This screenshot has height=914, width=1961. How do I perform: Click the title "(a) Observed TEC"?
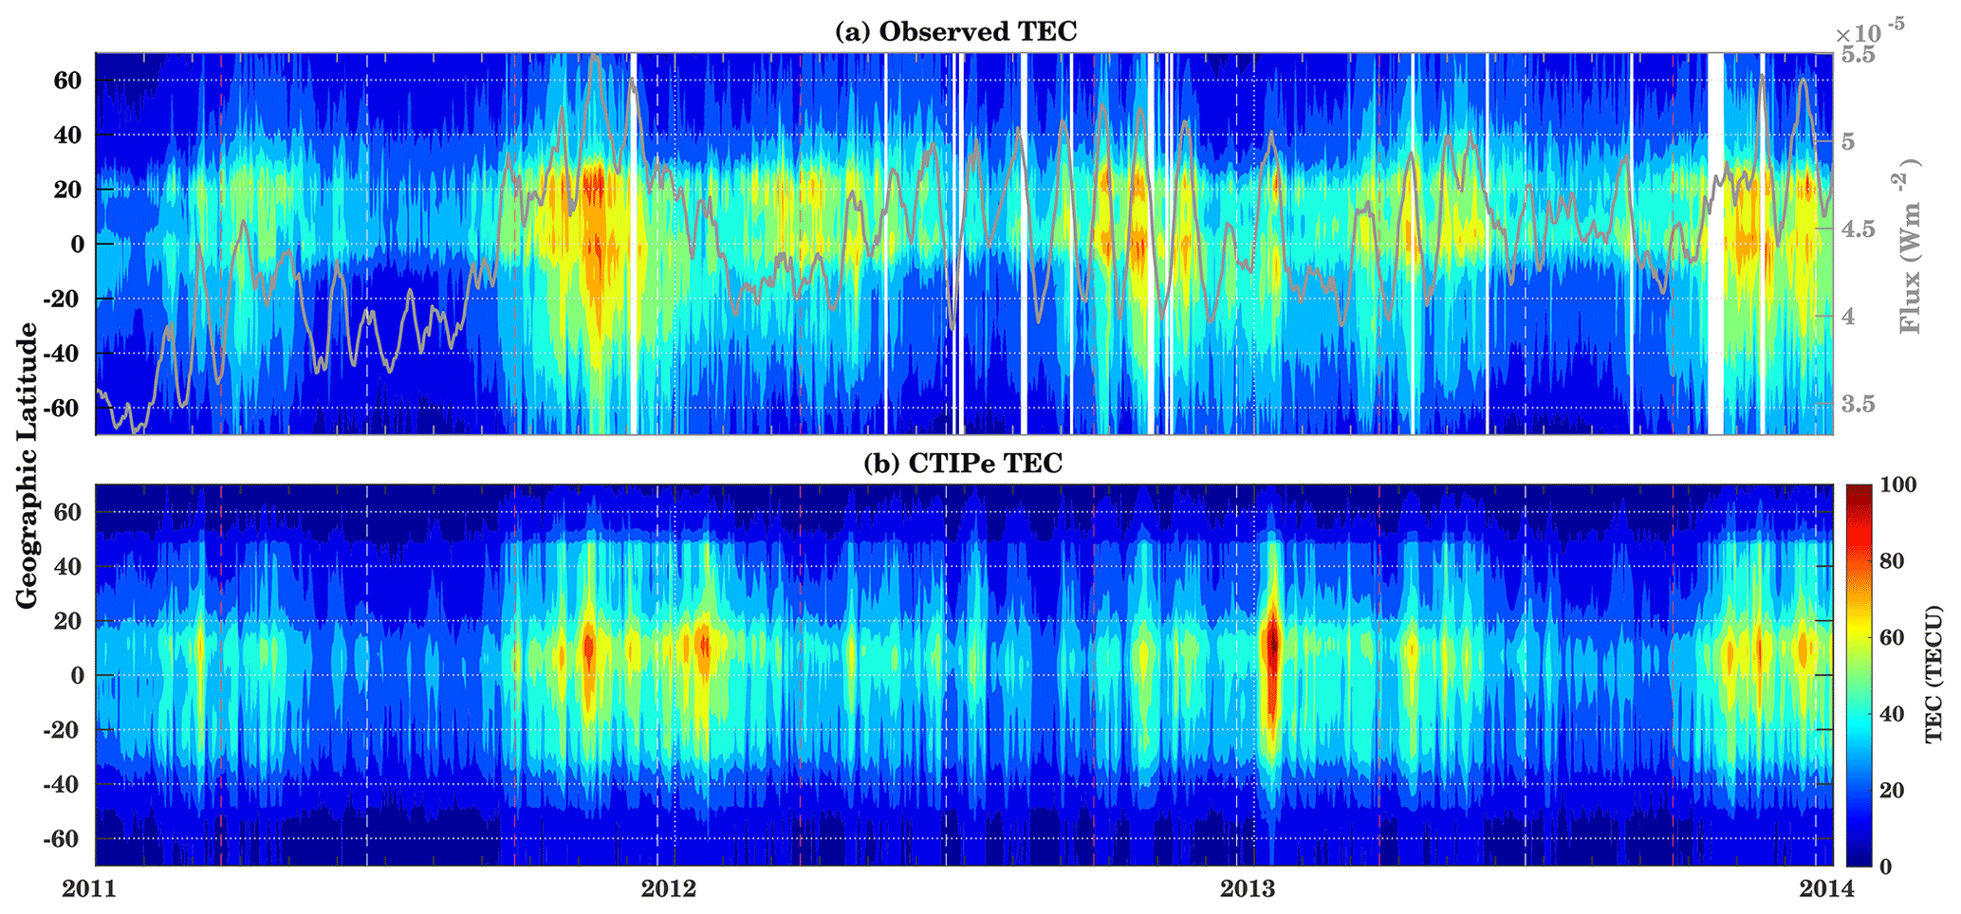pos(955,31)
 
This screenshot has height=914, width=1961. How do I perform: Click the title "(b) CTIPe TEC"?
pos(962,463)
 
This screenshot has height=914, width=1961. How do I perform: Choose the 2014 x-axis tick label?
pos(1827,889)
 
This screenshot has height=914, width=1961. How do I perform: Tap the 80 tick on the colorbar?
pos(1891,561)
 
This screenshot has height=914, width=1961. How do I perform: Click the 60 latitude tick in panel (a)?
pos(69,81)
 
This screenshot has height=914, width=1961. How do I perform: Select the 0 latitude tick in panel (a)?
pos(79,244)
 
